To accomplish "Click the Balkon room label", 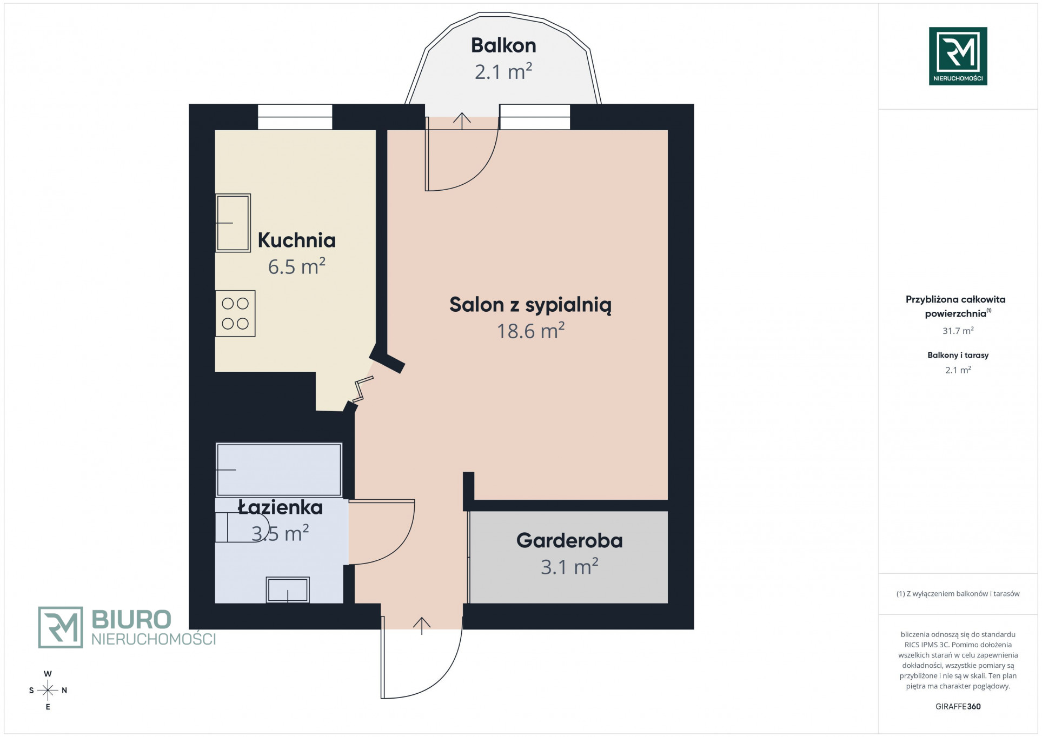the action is [x=503, y=45].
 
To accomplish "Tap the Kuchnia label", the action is [x=296, y=240].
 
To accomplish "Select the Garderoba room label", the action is [x=569, y=540].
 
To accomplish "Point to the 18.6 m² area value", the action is [x=530, y=331].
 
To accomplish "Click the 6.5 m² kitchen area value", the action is [x=296, y=266].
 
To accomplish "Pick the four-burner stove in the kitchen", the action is [x=235, y=314].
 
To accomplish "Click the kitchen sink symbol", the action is [x=233, y=223].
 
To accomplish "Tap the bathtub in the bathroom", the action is [x=279, y=470].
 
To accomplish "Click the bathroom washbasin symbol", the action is [x=288, y=590].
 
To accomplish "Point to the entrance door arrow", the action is [x=422, y=623].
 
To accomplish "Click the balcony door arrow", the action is [x=462, y=121].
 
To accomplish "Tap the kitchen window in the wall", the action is [x=295, y=117].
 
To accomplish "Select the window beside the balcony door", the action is [x=535, y=117].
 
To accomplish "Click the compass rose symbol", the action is [x=48, y=690].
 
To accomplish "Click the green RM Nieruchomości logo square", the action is [x=958, y=56].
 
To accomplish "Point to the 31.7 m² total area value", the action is [x=958, y=331].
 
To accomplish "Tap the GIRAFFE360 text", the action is [x=958, y=706].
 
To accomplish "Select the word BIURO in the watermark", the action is [x=131, y=619].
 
